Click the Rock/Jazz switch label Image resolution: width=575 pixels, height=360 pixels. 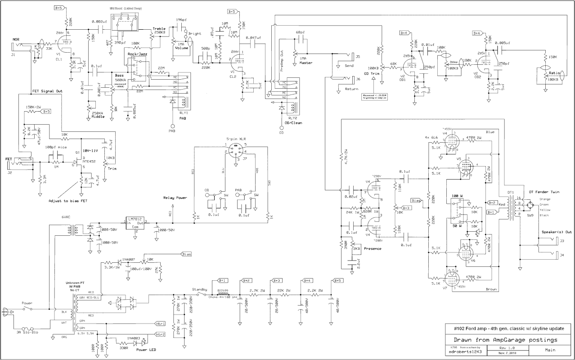coord(137,54)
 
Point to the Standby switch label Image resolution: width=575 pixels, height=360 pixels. coord(200,289)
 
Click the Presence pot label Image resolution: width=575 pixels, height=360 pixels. coord(373,248)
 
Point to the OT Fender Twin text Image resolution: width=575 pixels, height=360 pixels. coord(544,192)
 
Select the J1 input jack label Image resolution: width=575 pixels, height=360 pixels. coord(13,54)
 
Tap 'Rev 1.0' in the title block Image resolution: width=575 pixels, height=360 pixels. coord(507,348)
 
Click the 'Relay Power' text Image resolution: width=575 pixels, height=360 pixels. coord(175,197)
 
